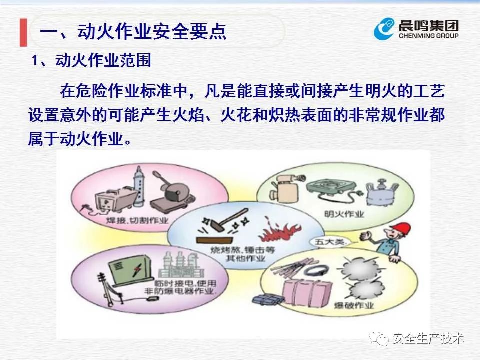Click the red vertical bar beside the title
pos(23,33)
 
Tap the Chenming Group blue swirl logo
pos(384,29)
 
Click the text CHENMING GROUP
pos(428,36)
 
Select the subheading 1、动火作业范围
pos(91,60)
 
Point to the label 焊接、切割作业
pos(137,220)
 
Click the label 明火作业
pos(344,214)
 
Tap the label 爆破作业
pos(354,305)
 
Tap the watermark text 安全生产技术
pos(428,338)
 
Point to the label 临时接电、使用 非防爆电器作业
pos(180,287)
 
